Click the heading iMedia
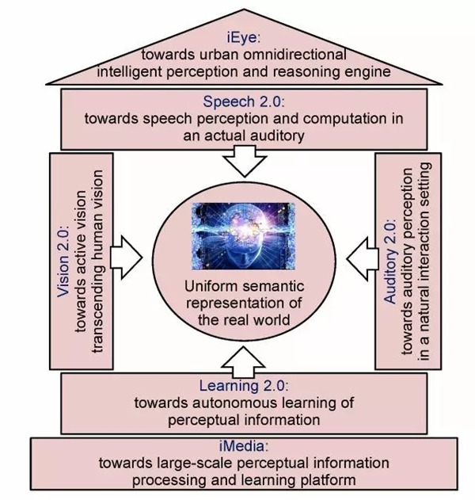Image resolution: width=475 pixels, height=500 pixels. point(237,448)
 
